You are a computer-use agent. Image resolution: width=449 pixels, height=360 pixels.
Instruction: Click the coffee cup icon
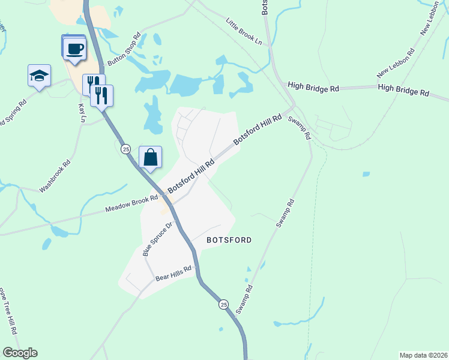[x=74, y=48]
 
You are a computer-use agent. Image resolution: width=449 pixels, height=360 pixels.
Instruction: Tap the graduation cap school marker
[x=39, y=76]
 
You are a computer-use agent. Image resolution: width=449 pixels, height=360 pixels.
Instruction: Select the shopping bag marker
[x=150, y=158]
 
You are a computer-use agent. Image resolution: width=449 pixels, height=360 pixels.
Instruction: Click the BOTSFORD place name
[x=229, y=239]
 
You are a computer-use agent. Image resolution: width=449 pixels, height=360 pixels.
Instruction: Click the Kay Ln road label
[x=82, y=112]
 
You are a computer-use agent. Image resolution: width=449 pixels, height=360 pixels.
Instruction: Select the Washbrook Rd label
[x=55, y=176]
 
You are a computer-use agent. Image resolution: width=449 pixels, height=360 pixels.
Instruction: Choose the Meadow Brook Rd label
[x=131, y=203]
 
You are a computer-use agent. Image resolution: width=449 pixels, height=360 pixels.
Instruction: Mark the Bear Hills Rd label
[x=173, y=274]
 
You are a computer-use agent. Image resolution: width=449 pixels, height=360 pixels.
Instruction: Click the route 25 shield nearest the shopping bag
[x=125, y=149]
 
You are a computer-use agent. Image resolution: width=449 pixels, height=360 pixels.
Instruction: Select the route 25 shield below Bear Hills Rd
[x=223, y=305]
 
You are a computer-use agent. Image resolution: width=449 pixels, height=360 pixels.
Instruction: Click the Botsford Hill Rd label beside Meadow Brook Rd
[x=191, y=176]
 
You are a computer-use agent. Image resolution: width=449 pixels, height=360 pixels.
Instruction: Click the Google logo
[x=20, y=353]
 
